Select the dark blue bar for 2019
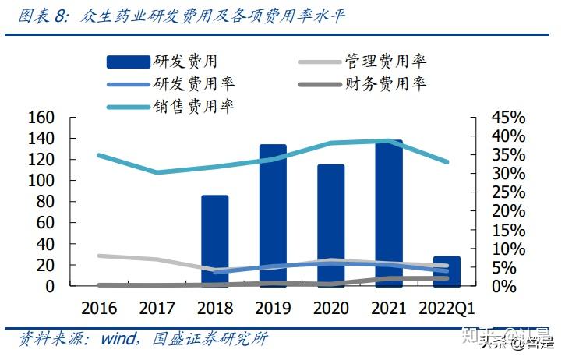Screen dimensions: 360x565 pos(273,215)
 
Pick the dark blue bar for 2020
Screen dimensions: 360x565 pos(330,226)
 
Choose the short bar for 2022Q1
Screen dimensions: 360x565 pos(447,270)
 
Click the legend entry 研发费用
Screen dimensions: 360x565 pos(163,61)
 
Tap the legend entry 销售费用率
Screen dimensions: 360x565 pos(171,106)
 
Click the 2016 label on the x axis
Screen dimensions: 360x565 pos(98,308)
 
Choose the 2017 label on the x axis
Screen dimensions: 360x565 pos(157,308)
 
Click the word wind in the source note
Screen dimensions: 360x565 pos(118,339)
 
